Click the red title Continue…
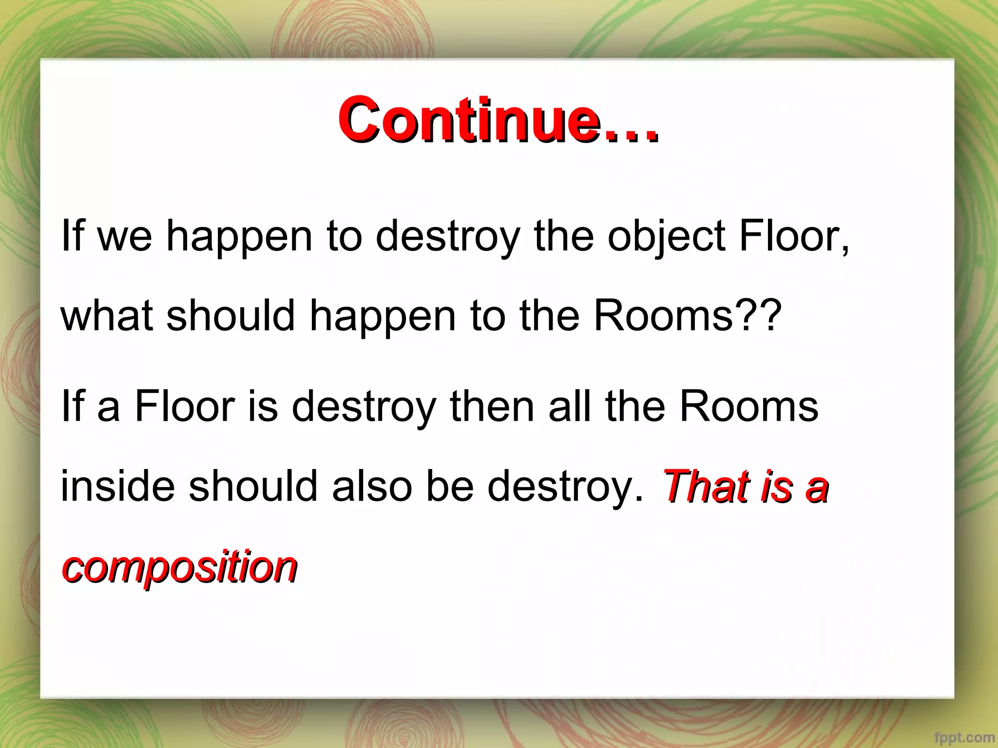click(498, 120)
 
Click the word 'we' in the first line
click(125, 237)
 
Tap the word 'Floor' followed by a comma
click(794, 237)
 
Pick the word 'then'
click(492, 407)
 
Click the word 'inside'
click(117, 486)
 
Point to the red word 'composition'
click(179, 566)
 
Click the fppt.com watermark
click(964, 738)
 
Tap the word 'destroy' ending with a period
click(565, 486)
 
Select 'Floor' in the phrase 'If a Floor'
click(185, 407)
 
